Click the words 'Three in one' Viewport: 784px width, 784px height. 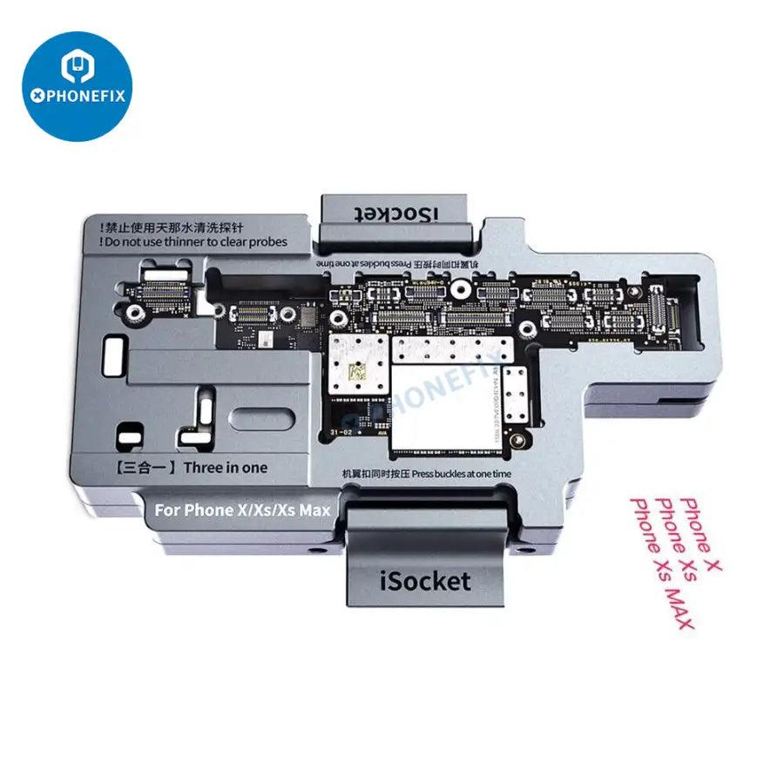click(226, 467)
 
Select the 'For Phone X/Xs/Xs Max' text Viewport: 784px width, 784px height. click(242, 510)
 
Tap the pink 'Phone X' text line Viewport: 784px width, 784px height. click(701, 532)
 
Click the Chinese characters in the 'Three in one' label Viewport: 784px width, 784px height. click(145, 467)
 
